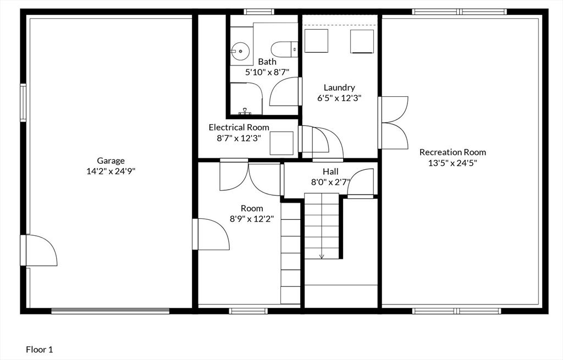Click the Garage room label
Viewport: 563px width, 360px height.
(x=111, y=161)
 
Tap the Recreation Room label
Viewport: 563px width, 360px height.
(x=453, y=152)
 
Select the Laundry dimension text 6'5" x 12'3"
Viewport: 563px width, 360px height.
(x=339, y=98)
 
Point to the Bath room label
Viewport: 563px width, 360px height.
(x=267, y=62)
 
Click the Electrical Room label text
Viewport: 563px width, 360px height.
(x=239, y=128)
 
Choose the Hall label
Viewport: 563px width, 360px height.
(x=330, y=171)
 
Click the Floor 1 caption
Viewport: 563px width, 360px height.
(x=40, y=349)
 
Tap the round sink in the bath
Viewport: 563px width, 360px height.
(x=240, y=51)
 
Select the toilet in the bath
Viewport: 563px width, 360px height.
(x=284, y=49)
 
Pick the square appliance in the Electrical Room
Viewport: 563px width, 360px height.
(x=281, y=143)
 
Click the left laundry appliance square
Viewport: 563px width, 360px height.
(x=316, y=41)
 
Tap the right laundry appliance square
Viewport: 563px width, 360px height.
(x=362, y=41)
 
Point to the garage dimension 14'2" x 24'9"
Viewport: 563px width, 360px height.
(x=111, y=171)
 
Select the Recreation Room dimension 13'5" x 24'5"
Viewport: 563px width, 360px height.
(x=452, y=163)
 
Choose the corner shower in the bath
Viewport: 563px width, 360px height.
(x=246, y=99)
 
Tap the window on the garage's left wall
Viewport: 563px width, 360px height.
(x=23, y=103)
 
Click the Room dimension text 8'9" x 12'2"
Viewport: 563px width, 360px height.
(x=252, y=219)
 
